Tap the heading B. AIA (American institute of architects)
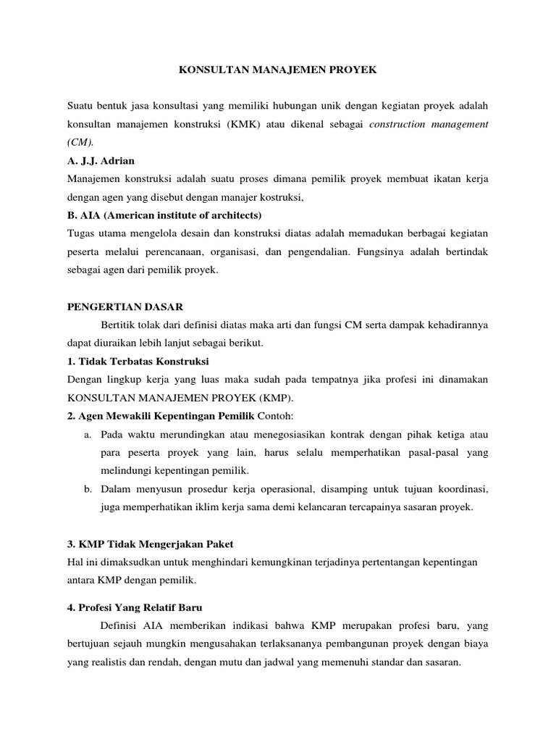pos(164,215)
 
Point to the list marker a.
pos(88,434)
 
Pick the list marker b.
pos(88,489)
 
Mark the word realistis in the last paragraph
pos(108,662)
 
